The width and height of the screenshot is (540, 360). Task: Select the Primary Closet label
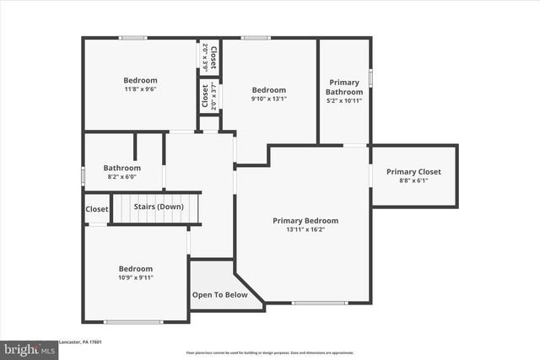pyautogui.click(x=413, y=172)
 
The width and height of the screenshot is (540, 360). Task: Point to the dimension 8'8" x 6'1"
pyautogui.click(x=413, y=180)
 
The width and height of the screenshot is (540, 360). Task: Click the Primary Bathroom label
pyautogui.click(x=344, y=87)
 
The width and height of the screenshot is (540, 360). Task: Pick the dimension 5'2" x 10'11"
pyautogui.click(x=344, y=100)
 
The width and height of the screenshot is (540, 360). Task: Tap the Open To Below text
pyautogui.click(x=219, y=295)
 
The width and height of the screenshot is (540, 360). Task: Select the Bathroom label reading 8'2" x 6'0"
pyautogui.click(x=121, y=167)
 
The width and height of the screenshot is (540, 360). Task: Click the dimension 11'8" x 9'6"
pyautogui.click(x=140, y=89)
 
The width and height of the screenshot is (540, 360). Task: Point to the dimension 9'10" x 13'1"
pyautogui.click(x=269, y=98)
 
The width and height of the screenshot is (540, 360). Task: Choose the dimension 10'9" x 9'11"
pyautogui.click(x=135, y=277)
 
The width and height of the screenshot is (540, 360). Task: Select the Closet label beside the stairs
pyautogui.click(x=96, y=209)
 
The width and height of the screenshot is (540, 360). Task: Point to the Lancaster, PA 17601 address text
pyautogui.click(x=80, y=341)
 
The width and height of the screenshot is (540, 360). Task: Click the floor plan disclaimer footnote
pyautogui.click(x=269, y=352)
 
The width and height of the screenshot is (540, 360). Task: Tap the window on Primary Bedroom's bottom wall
pyautogui.click(x=319, y=303)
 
